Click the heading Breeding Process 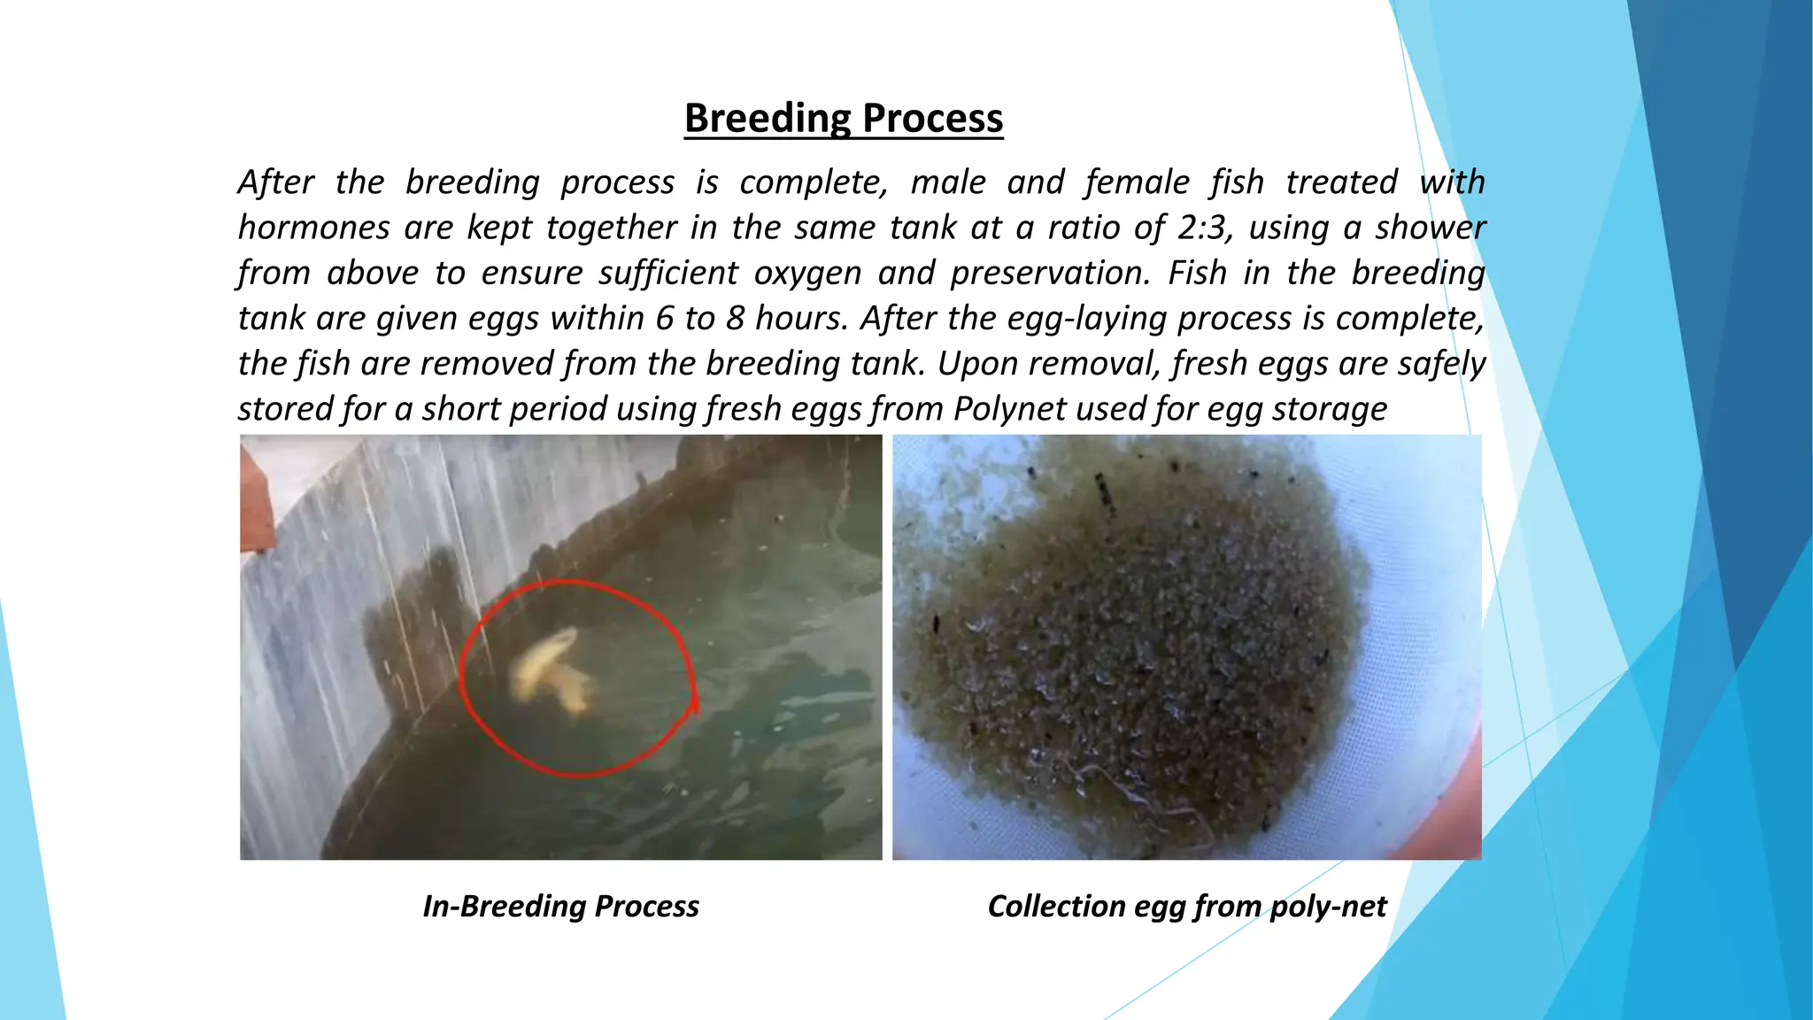coord(843,118)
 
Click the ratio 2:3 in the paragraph coord(1202,228)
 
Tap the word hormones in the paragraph coord(313,228)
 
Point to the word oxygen coord(807,273)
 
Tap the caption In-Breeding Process coord(560,906)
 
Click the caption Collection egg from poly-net coord(1186,906)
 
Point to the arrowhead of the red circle coord(694,704)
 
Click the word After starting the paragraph coord(275,182)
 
